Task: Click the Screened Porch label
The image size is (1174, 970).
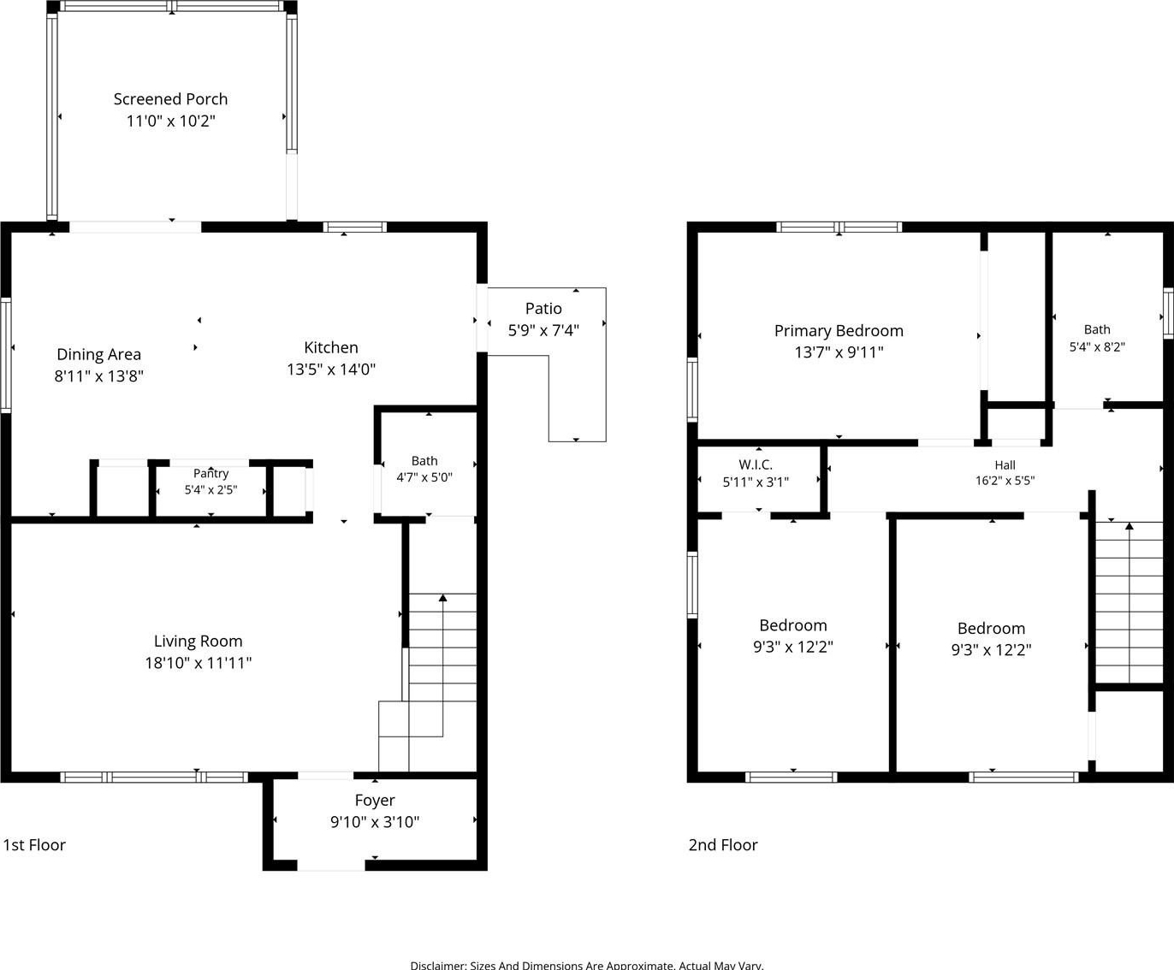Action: pyautogui.click(x=170, y=99)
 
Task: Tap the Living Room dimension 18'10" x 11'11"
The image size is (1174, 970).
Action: pyautogui.click(x=199, y=663)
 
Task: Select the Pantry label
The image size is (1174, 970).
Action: pyautogui.click(x=210, y=473)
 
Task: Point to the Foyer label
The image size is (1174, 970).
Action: pyautogui.click(x=375, y=801)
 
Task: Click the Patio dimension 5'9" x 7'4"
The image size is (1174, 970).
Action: pyautogui.click(x=543, y=330)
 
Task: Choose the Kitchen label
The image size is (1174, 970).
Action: pyautogui.click(x=330, y=347)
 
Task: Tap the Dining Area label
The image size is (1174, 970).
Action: pyautogui.click(x=99, y=354)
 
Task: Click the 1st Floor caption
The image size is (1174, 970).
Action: pyautogui.click(x=34, y=844)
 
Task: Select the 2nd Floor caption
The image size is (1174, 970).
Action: pyautogui.click(x=723, y=844)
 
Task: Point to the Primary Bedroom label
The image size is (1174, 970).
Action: pyautogui.click(x=839, y=330)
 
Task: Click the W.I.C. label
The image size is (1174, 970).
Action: pyautogui.click(x=756, y=464)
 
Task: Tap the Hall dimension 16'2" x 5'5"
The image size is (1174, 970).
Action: pyautogui.click(x=1005, y=481)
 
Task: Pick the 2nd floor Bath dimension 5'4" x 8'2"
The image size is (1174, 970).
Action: pyautogui.click(x=1097, y=346)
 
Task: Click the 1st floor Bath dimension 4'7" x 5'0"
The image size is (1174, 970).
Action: pyautogui.click(x=424, y=477)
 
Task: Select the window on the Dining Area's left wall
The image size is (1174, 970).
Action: pyautogui.click(x=6, y=355)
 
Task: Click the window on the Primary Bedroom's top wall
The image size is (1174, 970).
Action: pyautogui.click(x=839, y=227)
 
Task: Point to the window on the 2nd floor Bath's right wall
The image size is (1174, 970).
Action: pyautogui.click(x=1168, y=313)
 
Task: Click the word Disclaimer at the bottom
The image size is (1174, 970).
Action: pyautogui.click(x=439, y=965)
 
